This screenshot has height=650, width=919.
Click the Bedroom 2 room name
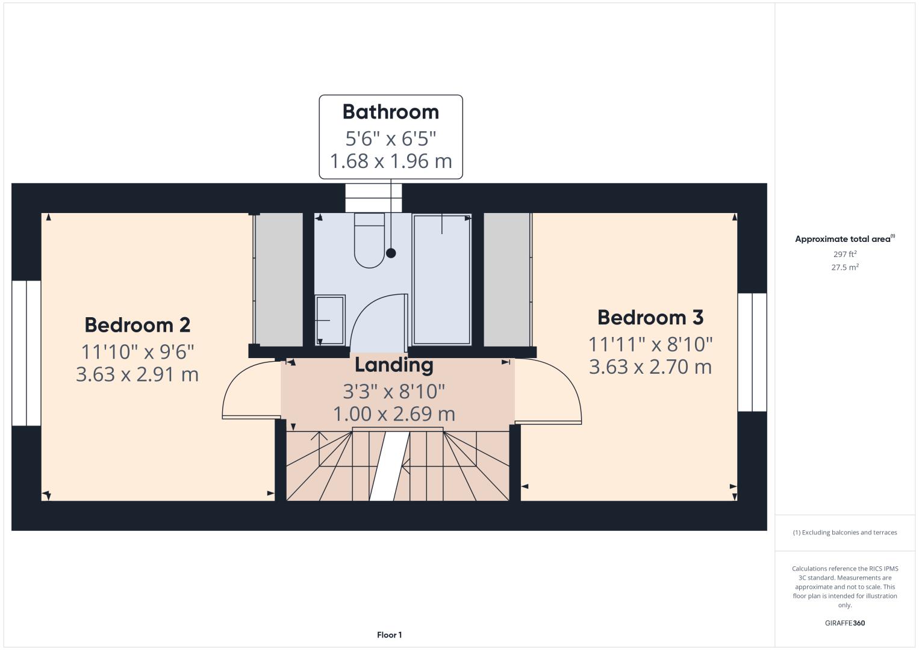tap(137, 325)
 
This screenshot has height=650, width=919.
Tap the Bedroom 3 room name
tap(650, 317)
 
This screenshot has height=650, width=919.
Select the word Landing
tap(394, 365)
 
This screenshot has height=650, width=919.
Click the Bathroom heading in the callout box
tap(391, 112)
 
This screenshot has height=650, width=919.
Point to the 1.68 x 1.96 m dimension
tap(391, 161)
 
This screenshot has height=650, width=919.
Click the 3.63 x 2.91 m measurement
tap(137, 374)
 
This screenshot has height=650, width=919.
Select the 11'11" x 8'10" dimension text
tap(650, 344)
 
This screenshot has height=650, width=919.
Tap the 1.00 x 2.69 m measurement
tap(394, 414)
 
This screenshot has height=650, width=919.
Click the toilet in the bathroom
tap(369, 240)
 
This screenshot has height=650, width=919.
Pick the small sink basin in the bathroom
tap(330, 320)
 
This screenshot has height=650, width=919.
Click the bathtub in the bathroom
tap(442, 279)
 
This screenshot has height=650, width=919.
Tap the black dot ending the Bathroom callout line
tap(391, 253)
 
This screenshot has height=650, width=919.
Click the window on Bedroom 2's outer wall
tap(26, 353)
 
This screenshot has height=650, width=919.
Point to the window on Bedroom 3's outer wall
tap(752, 352)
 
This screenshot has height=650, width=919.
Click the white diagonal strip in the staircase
tap(390, 466)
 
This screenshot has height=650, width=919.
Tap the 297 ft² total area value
tap(845, 254)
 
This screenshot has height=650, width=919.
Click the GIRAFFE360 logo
tap(845, 623)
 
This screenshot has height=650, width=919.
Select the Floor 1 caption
tap(390, 635)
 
